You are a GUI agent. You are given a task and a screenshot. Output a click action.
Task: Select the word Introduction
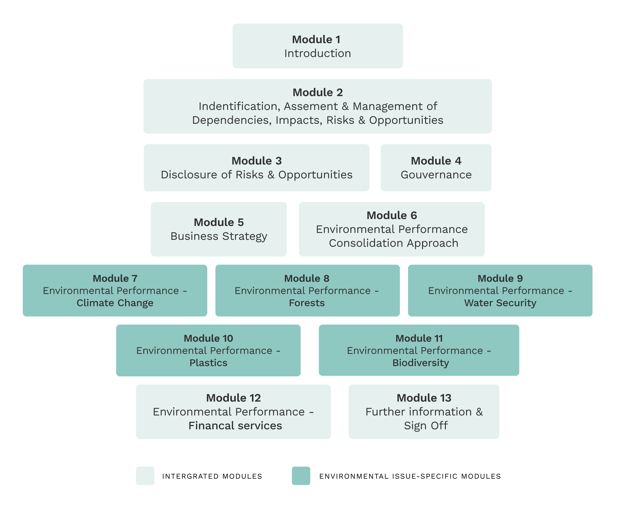coord(318,53)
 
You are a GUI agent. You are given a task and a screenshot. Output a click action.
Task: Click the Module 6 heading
coord(392,215)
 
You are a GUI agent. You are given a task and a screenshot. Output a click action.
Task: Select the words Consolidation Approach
coord(393,243)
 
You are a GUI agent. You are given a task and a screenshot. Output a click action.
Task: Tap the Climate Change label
coord(115,303)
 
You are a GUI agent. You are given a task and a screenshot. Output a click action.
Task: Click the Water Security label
coord(500,303)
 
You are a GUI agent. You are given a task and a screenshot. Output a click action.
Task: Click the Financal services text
coord(235,426)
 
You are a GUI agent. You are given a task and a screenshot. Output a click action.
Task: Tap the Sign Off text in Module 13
coord(426,426)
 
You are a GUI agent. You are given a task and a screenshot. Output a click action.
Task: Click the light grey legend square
coord(145,476)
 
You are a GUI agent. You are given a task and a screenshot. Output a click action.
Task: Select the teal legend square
coord(301,476)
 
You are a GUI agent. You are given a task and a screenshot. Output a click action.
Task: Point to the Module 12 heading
coord(233,398)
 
